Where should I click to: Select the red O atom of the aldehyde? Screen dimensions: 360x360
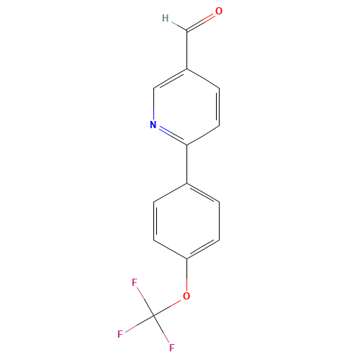pos(219,12)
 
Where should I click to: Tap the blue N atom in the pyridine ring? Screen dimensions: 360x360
pos(153,125)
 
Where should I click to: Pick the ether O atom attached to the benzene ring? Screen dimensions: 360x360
pos(186,296)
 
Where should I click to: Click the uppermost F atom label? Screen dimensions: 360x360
pos(135,283)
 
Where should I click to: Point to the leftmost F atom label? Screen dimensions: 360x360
pos(121,334)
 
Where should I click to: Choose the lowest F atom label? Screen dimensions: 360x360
pos(172,348)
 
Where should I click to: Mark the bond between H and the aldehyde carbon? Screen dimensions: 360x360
pos(177,25)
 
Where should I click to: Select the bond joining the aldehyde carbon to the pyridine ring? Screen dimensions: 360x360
pos(187,50)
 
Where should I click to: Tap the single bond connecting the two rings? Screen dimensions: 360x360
pos(187,164)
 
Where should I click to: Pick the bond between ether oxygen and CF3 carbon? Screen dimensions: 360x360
pos(171,305)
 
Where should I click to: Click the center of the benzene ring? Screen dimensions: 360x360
pos(187,220)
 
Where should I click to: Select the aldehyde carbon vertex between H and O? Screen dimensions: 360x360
pos(187,32)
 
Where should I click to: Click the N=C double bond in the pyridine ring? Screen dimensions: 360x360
pos(171,135)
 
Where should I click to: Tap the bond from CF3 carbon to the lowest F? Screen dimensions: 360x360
pos(163,331)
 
